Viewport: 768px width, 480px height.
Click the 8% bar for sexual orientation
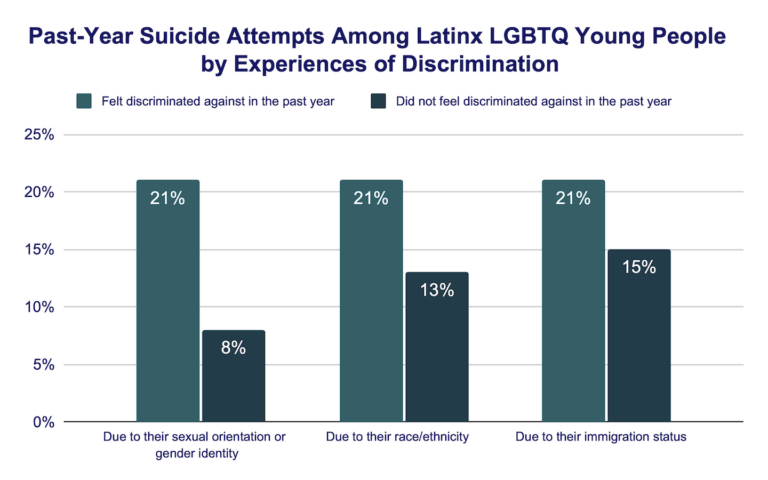click(233, 376)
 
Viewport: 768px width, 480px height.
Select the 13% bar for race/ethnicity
click(436, 347)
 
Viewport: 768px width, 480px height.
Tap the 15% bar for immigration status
click(638, 336)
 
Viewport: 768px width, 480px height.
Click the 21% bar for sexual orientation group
click(168, 301)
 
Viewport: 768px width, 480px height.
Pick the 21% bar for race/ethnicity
click(371, 301)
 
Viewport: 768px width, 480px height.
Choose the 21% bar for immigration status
click(573, 301)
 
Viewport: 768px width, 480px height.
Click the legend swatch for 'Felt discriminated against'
click(84, 101)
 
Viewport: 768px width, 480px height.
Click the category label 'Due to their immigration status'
click(605, 438)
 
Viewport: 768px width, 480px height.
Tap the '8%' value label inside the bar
click(233, 348)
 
